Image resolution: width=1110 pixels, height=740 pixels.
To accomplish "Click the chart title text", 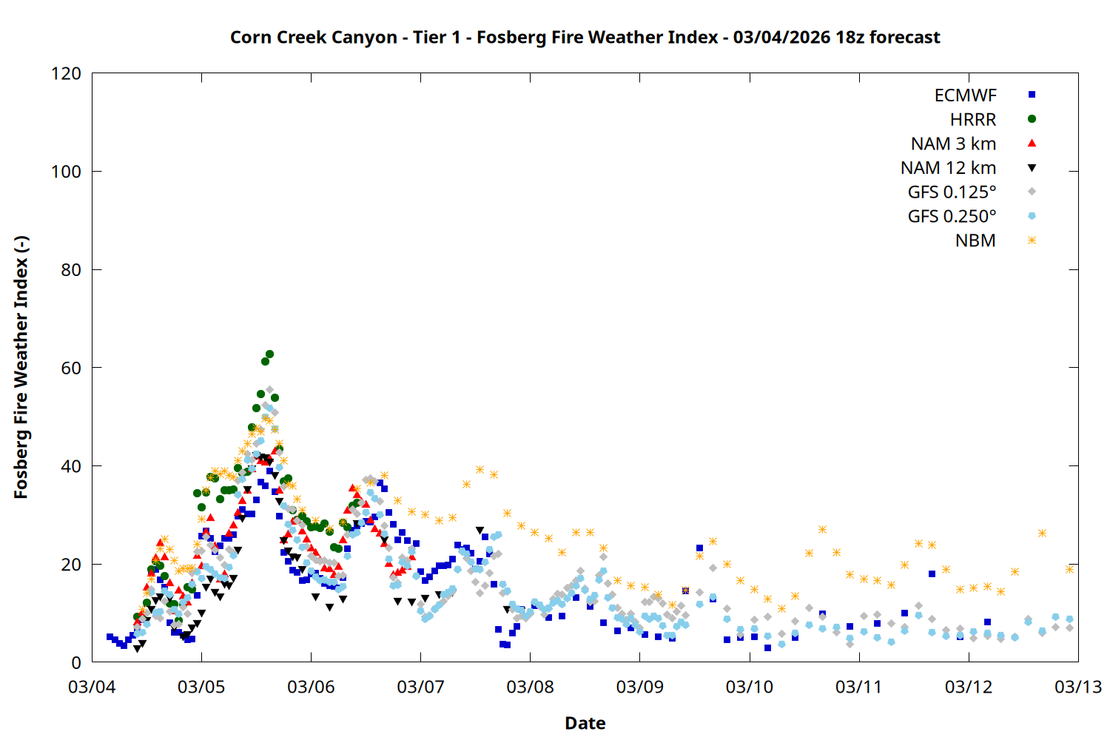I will click(x=585, y=37).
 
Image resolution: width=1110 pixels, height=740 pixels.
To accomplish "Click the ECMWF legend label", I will click(x=965, y=95).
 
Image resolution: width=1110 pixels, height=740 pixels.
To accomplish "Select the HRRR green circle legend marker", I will click(x=1032, y=119).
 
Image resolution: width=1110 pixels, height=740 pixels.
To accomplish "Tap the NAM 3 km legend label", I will click(x=953, y=144).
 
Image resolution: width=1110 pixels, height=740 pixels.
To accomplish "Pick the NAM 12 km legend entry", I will click(x=948, y=168).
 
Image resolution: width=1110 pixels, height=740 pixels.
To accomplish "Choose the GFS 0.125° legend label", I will click(x=952, y=192).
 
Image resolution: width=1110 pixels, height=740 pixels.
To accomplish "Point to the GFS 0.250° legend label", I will click(x=952, y=217).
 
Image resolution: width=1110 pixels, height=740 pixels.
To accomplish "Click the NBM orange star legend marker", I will click(x=1032, y=240).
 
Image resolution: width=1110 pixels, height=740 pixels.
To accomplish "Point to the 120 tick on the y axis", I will click(x=66, y=73).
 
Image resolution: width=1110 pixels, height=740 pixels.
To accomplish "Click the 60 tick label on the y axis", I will click(x=71, y=368).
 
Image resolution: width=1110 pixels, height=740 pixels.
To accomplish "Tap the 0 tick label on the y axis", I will click(x=76, y=662).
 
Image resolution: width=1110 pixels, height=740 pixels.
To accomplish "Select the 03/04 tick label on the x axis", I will click(x=92, y=687).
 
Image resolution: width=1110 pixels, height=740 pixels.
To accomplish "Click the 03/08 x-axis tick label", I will click(x=530, y=687).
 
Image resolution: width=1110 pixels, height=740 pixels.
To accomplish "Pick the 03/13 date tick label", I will click(x=1077, y=687).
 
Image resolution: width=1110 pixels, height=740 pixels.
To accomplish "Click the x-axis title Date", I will click(x=585, y=723).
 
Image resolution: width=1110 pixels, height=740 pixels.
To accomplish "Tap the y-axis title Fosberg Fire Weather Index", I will click(x=21, y=368).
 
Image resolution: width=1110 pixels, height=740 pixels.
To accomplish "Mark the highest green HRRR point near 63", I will click(x=269, y=354).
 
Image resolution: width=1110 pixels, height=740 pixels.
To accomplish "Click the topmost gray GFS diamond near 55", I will click(x=269, y=390).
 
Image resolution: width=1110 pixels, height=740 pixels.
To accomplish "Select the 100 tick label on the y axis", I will click(x=66, y=172).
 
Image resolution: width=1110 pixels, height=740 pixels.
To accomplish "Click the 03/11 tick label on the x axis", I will click(x=858, y=687).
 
